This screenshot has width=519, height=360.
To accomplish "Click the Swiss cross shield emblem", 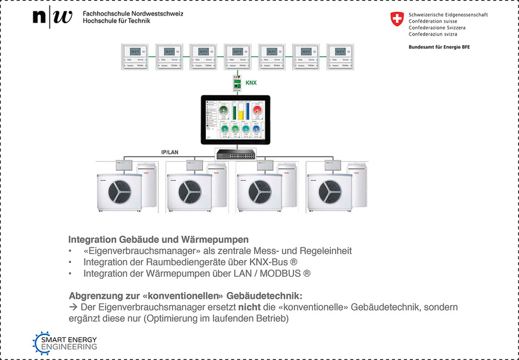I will [396, 19].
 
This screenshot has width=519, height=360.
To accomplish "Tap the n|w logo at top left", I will [52, 18].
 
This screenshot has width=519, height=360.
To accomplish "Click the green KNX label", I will [251, 83].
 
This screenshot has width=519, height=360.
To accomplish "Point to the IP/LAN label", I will [170, 152].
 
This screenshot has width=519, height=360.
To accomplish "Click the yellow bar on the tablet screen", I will [242, 112].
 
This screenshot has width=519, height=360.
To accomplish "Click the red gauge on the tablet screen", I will [258, 111].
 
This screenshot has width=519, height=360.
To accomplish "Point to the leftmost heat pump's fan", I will [119, 190].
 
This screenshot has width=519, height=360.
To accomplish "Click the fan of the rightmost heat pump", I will [329, 190].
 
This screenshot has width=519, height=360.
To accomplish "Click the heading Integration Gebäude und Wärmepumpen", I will [158, 240].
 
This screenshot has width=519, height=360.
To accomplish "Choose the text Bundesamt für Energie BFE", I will [439, 46].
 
